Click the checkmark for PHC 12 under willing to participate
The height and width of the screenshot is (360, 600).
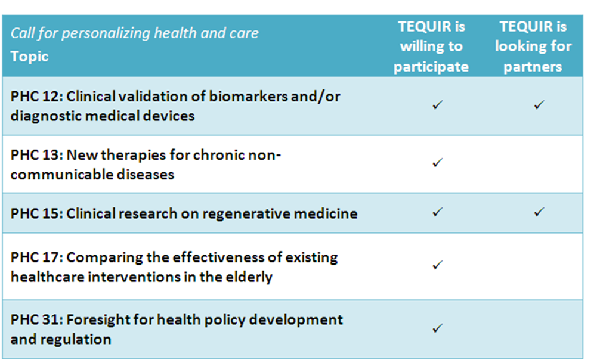coord(437,104)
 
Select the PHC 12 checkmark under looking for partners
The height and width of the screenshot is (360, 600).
coord(539,104)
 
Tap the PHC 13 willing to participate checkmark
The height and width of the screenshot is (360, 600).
coord(437,162)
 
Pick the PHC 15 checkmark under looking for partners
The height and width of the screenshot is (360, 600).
coord(539,212)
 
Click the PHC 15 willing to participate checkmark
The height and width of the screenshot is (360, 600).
coord(437,212)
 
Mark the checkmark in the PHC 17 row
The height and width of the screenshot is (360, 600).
coord(437,265)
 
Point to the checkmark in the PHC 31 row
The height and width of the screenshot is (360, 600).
coord(437,328)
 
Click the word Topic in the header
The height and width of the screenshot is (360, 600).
coord(29,57)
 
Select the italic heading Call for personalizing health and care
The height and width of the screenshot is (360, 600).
coord(134,33)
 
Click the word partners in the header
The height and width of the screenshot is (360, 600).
coord(533,67)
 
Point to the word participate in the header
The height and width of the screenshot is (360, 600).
coord(431,67)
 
